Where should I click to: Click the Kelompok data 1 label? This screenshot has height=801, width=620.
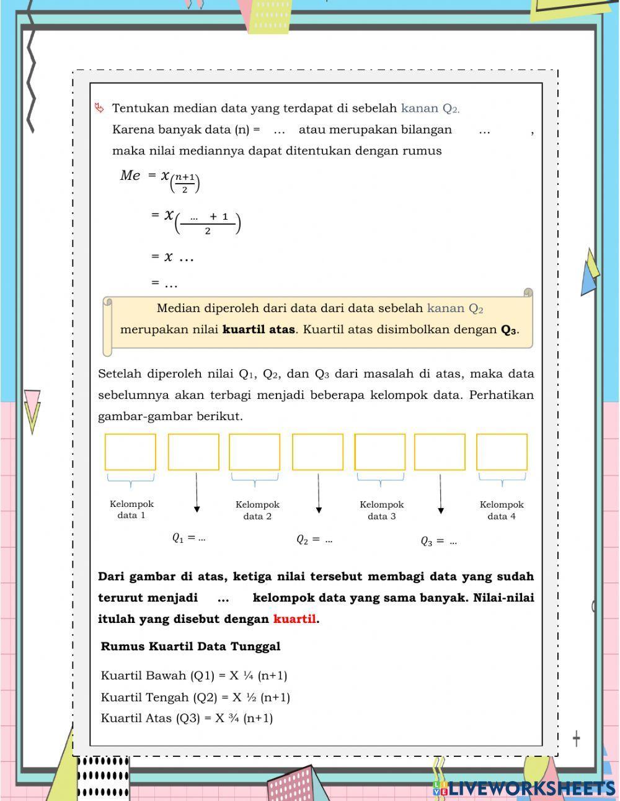pos(131,509)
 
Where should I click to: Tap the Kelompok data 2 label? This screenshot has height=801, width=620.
pos(257,510)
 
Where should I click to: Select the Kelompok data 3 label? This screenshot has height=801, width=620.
pos(381,510)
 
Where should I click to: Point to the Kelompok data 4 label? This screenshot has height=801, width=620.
pos(502,510)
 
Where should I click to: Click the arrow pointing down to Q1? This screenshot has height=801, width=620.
pos(197,493)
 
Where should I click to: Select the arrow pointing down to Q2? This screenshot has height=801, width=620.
pos(319,493)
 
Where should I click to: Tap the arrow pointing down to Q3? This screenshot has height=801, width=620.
pos(441,494)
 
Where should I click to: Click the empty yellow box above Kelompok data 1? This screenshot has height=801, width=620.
pos(130,452)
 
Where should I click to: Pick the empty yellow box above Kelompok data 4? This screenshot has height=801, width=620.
pos(502,452)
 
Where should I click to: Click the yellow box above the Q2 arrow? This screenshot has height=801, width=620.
pos(317,452)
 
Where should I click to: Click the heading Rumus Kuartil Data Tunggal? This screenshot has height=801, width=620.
pos(190,646)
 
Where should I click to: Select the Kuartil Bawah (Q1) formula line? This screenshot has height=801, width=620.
pos(193,675)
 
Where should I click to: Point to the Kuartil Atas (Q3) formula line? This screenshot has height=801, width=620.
pos(187,718)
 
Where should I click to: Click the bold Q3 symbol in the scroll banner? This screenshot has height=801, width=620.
pos(508,329)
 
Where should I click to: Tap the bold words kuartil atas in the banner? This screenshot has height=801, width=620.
pos(259,329)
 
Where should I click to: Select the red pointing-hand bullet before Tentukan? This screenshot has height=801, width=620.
pos(99,108)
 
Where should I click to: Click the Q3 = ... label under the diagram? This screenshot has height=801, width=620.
pos(439,541)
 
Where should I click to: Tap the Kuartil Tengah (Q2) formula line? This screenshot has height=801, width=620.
pos(195,697)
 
